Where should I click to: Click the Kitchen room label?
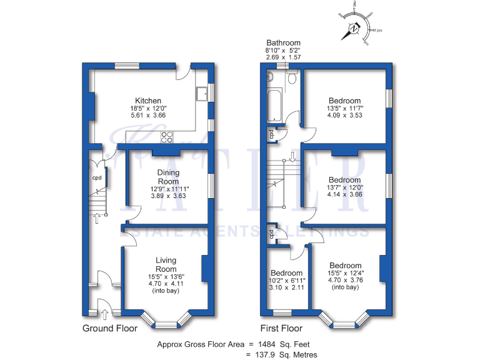(148, 101)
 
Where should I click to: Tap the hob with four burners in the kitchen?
(167, 137)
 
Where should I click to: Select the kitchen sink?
(202, 94)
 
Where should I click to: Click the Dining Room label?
(168, 177)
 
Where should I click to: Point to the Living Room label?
(166, 264)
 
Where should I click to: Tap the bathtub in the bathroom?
(274, 105)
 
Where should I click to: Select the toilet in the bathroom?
(292, 77)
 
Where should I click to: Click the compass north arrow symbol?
(354, 29)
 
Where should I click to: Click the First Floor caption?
(281, 328)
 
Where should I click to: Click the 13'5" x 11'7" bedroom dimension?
(344, 108)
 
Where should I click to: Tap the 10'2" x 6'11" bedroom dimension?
(287, 281)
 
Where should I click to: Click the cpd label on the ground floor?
(97, 177)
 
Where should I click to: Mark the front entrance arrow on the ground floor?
(104, 314)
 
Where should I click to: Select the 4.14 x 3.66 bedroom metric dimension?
(344, 194)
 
